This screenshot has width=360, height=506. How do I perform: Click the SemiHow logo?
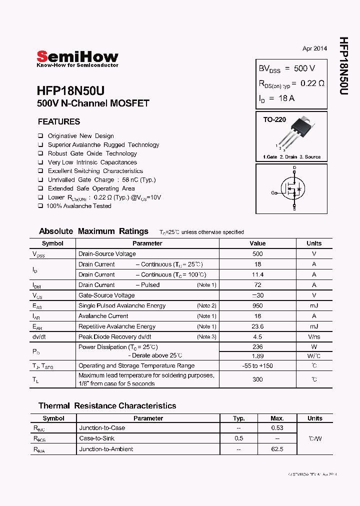pyautogui.click(x=77, y=57)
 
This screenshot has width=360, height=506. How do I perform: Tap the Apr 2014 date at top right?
pyautogui.click(x=314, y=48)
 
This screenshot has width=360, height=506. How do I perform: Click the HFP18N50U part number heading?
pyautogui.click(x=70, y=91)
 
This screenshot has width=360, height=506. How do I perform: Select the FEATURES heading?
pyautogui.click(x=59, y=121)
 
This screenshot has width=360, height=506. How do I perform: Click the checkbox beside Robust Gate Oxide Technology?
pyautogui.click(x=40, y=153)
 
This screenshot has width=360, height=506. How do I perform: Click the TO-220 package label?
pyautogui.click(x=274, y=120)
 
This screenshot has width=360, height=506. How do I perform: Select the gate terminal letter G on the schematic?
pyautogui.click(x=273, y=192)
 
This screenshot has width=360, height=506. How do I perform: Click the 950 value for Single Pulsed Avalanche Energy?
pyautogui.click(x=257, y=305)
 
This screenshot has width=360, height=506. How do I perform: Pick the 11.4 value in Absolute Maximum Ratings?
pyautogui.click(x=257, y=274)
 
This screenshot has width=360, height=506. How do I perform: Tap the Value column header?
pyautogui.click(x=257, y=243)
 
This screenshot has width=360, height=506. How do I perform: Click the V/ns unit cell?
pyautogui.click(x=314, y=336)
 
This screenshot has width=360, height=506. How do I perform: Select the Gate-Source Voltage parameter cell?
pyautogui.click(x=106, y=295)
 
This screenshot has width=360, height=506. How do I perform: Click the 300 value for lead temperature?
pyautogui.click(x=257, y=379)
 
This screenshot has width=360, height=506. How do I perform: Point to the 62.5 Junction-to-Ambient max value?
pyautogui.click(x=277, y=449)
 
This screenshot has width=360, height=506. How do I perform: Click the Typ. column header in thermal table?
pyautogui.click(x=239, y=418)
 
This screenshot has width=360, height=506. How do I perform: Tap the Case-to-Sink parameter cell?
pyautogui.click(x=97, y=438)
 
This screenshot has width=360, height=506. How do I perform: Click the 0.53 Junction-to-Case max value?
pyautogui.click(x=277, y=428)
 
